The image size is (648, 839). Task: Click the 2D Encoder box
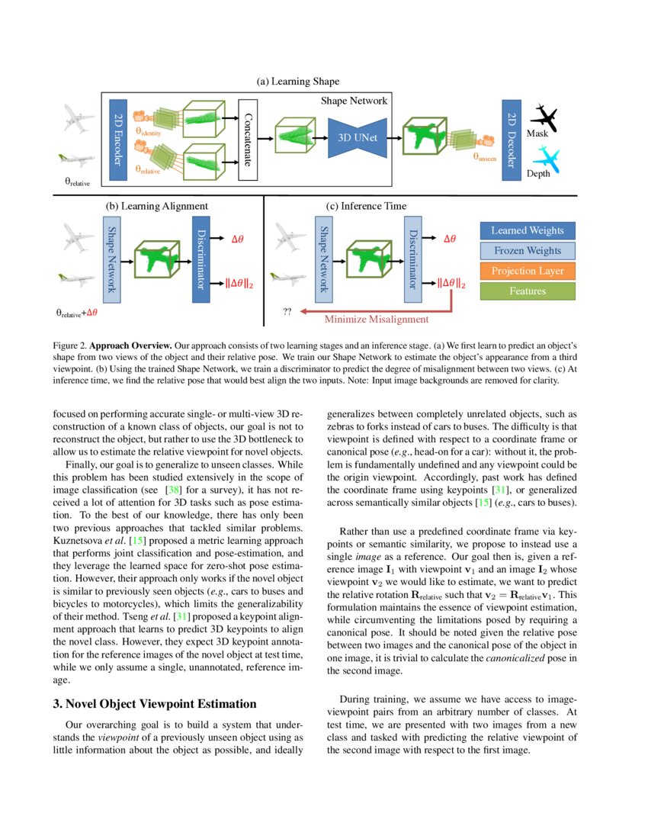click(117, 140)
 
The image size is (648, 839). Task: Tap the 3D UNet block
click(358, 138)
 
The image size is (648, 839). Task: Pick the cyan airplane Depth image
click(547, 159)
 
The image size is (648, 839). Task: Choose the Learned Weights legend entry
click(528, 230)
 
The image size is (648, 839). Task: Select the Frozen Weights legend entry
click(528, 250)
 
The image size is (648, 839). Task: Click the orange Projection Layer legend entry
click(528, 271)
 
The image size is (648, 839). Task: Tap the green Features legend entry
click(528, 291)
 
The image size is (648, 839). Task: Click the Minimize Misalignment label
click(376, 320)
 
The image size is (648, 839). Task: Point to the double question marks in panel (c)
click(287, 312)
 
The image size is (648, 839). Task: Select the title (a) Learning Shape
click(298, 81)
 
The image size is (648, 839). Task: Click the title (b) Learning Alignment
click(156, 206)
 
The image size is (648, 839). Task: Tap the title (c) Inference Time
click(365, 206)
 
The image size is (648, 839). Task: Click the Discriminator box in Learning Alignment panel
click(200, 259)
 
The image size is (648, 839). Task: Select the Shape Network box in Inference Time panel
click(323, 259)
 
